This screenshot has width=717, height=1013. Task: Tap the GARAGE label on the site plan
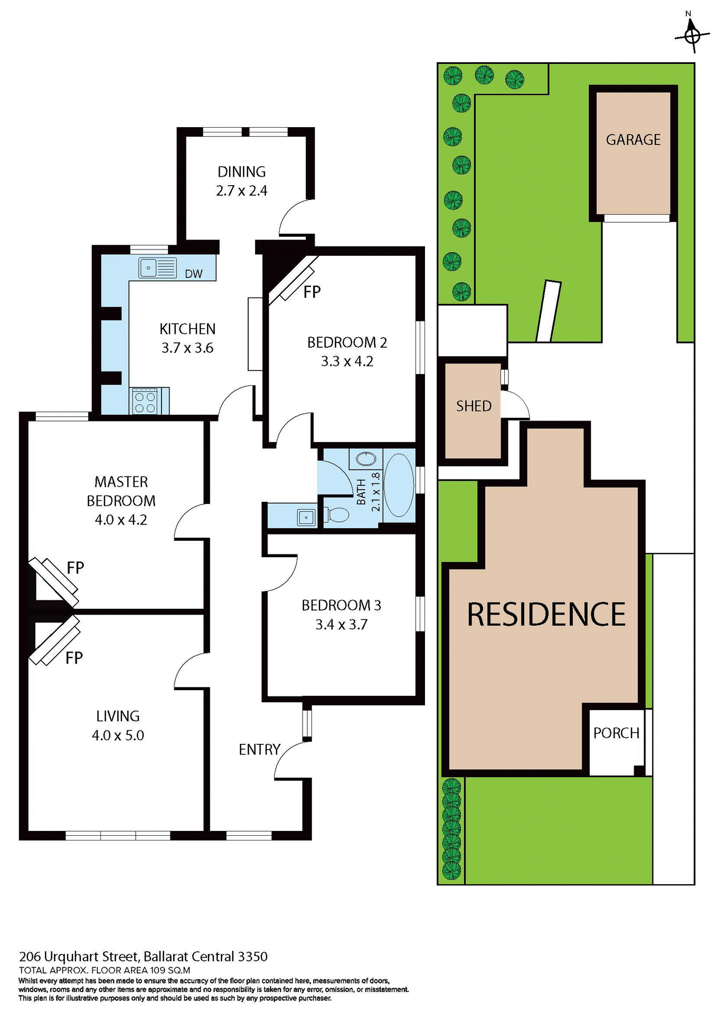tap(633, 140)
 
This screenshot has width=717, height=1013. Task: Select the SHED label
tap(474, 406)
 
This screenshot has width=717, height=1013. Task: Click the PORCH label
tap(616, 733)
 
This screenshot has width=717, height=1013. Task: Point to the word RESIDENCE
tap(546, 615)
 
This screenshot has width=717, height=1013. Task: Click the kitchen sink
tap(157, 267)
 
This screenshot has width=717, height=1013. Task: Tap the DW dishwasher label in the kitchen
tap(194, 273)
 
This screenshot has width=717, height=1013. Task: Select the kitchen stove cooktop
tap(145, 402)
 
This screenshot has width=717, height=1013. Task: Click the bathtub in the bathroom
tap(399, 485)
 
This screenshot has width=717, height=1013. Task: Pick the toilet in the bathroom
tap(337, 514)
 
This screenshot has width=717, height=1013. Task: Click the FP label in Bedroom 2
tap(312, 292)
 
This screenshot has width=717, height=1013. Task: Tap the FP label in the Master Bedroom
tap(76, 568)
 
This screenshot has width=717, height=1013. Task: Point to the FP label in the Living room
tap(74, 658)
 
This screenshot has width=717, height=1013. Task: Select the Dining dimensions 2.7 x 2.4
tap(242, 190)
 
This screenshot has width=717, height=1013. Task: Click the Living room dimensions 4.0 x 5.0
tap(118, 735)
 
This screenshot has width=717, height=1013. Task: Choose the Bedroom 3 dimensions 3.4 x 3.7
tap(341, 625)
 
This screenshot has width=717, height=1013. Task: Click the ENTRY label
tap(259, 749)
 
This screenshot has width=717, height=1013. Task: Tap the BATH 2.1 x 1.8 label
tap(368, 492)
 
